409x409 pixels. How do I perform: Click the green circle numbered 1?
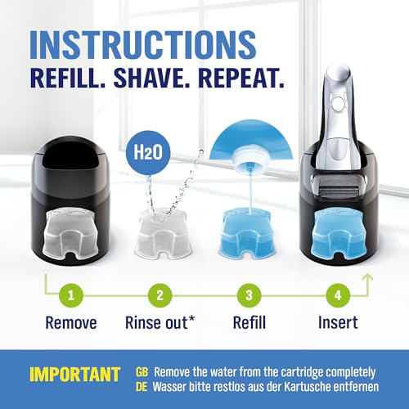[x=71, y=295]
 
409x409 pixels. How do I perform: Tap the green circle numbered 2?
[x=160, y=295]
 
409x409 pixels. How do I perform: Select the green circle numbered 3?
[x=249, y=295]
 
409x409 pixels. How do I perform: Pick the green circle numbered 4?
[x=338, y=295]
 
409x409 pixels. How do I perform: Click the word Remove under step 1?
[x=71, y=323]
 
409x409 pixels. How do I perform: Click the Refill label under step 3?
[x=249, y=322]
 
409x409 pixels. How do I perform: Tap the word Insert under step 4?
[x=338, y=322]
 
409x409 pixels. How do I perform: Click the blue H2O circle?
[x=148, y=152]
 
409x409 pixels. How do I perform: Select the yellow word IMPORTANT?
[x=74, y=375]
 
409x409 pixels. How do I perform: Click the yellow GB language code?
[x=142, y=372]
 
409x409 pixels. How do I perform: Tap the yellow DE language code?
[x=142, y=387]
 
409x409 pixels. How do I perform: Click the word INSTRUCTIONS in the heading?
[x=143, y=45]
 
